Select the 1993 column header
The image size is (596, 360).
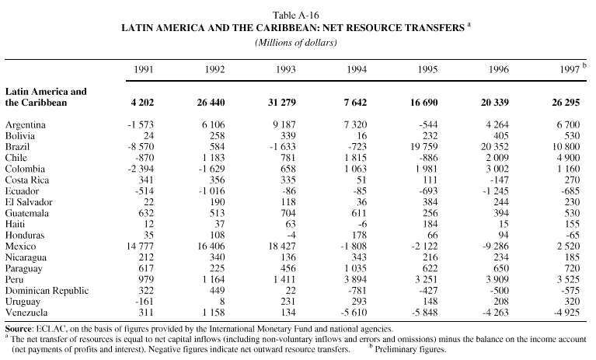(x=286, y=70)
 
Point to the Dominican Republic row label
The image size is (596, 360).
(x=45, y=290)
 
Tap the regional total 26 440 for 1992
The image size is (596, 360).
(x=210, y=102)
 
